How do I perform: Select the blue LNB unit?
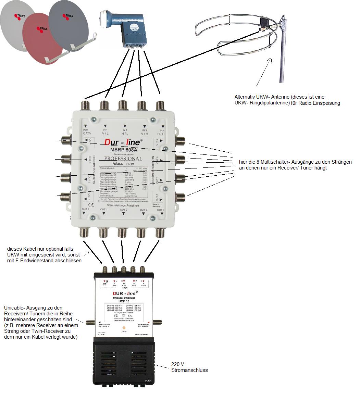click(127, 27)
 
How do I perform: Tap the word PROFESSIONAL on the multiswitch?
click(123, 159)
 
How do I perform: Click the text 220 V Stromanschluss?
click(189, 367)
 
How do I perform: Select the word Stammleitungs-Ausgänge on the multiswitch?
click(123, 205)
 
